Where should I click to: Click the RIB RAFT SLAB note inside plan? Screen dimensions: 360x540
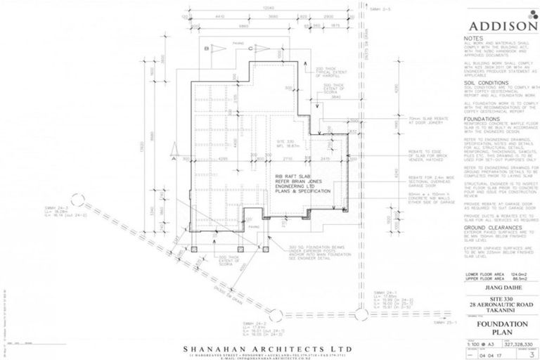[295, 181]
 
